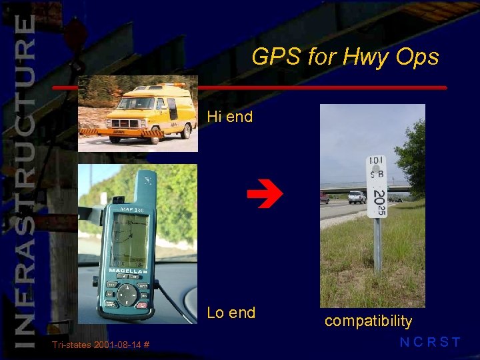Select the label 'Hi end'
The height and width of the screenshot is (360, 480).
tap(230, 117)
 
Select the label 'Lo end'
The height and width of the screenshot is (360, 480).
tap(231, 313)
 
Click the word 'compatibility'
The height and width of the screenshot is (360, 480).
tap(368, 321)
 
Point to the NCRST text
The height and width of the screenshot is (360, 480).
tap(429, 343)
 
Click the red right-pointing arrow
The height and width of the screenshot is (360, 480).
tap(265, 195)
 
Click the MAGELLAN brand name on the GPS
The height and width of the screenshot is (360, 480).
tap(128, 271)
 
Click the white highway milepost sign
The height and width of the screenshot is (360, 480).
tap(377, 187)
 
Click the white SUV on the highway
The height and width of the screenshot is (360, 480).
tap(357, 197)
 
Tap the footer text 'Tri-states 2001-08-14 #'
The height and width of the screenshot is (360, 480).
tap(100, 345)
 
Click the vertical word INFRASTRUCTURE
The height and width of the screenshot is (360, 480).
tap(25, 180)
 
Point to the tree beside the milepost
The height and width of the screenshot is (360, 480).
tap(415, 157)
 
